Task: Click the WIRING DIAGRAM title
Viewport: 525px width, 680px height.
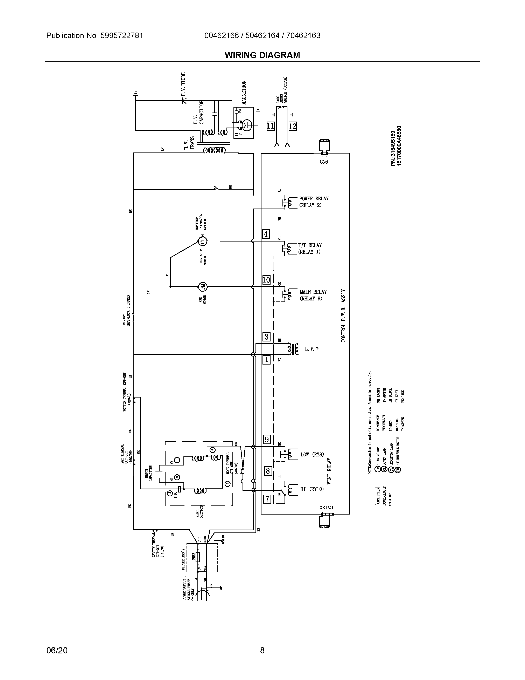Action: tap(262, 55)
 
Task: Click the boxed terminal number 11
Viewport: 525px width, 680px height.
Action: tap(271, 126)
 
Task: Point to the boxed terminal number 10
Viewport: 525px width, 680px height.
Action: tap(266, 280)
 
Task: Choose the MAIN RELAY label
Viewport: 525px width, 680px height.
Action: tap(313, 292)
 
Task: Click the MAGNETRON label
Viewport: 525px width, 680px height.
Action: tap(244, 92)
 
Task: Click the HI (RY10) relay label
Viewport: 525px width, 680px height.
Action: tap(312, 489)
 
